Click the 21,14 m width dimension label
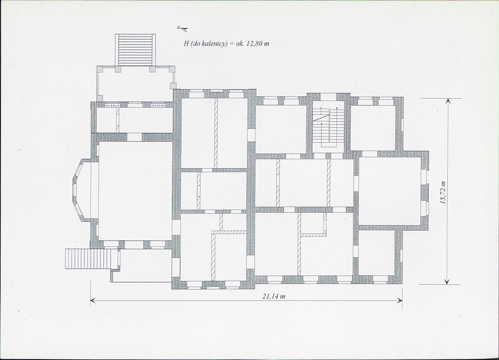pyautogui.click(x=274, y=296)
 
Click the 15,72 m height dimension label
pyautogui.click(x=443, y=192)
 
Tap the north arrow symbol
pyautogui.click(x=183, y=29)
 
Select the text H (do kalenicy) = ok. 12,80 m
pyautogui.click(x=226, y=44)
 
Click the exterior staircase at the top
pyautogui.click(x=135, y=50)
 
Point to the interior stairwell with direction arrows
pyautogui.click(x=328, y=127)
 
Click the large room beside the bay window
pyautogui.click(x=135, y=191)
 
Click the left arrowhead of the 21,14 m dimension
pyautogui.click(x=93, y=300)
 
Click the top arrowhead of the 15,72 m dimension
pyautogui.click(x=447, y=101)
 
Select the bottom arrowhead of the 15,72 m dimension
pyautogui.click(x=447, y=281)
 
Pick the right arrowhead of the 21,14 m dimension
pyautogui.click(x=399, y=300)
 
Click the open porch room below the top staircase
pyautogui.click(x=135, y=84)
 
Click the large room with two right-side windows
pyautogui.click(x=390, y=191)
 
